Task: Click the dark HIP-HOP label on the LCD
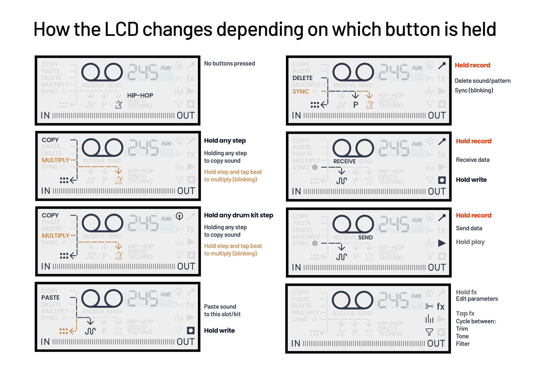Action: click(140, 95)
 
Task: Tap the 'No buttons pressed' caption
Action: click(229, 64)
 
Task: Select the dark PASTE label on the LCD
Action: click(50, 297)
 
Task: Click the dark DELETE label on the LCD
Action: click(302, 78)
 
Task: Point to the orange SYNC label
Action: click(301, 91)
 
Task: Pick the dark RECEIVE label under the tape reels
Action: click(344, 161)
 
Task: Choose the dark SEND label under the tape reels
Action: click(365, 237)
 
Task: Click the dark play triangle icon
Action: click(442, 243)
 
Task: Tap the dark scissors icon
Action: click(429, 306)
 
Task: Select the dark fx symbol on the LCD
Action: click(441, 306)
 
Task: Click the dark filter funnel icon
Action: click(429, 332)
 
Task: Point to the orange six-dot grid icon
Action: click(64, 331)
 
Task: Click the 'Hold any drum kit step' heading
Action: click(238, 215)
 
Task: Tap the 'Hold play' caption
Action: click(470, 242)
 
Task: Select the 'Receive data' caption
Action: click(473, 160)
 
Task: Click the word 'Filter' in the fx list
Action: click(463, 344)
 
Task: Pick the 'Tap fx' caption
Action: click(465, 313)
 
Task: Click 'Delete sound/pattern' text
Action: click(483, 81)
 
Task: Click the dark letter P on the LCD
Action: click(356, 105)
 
